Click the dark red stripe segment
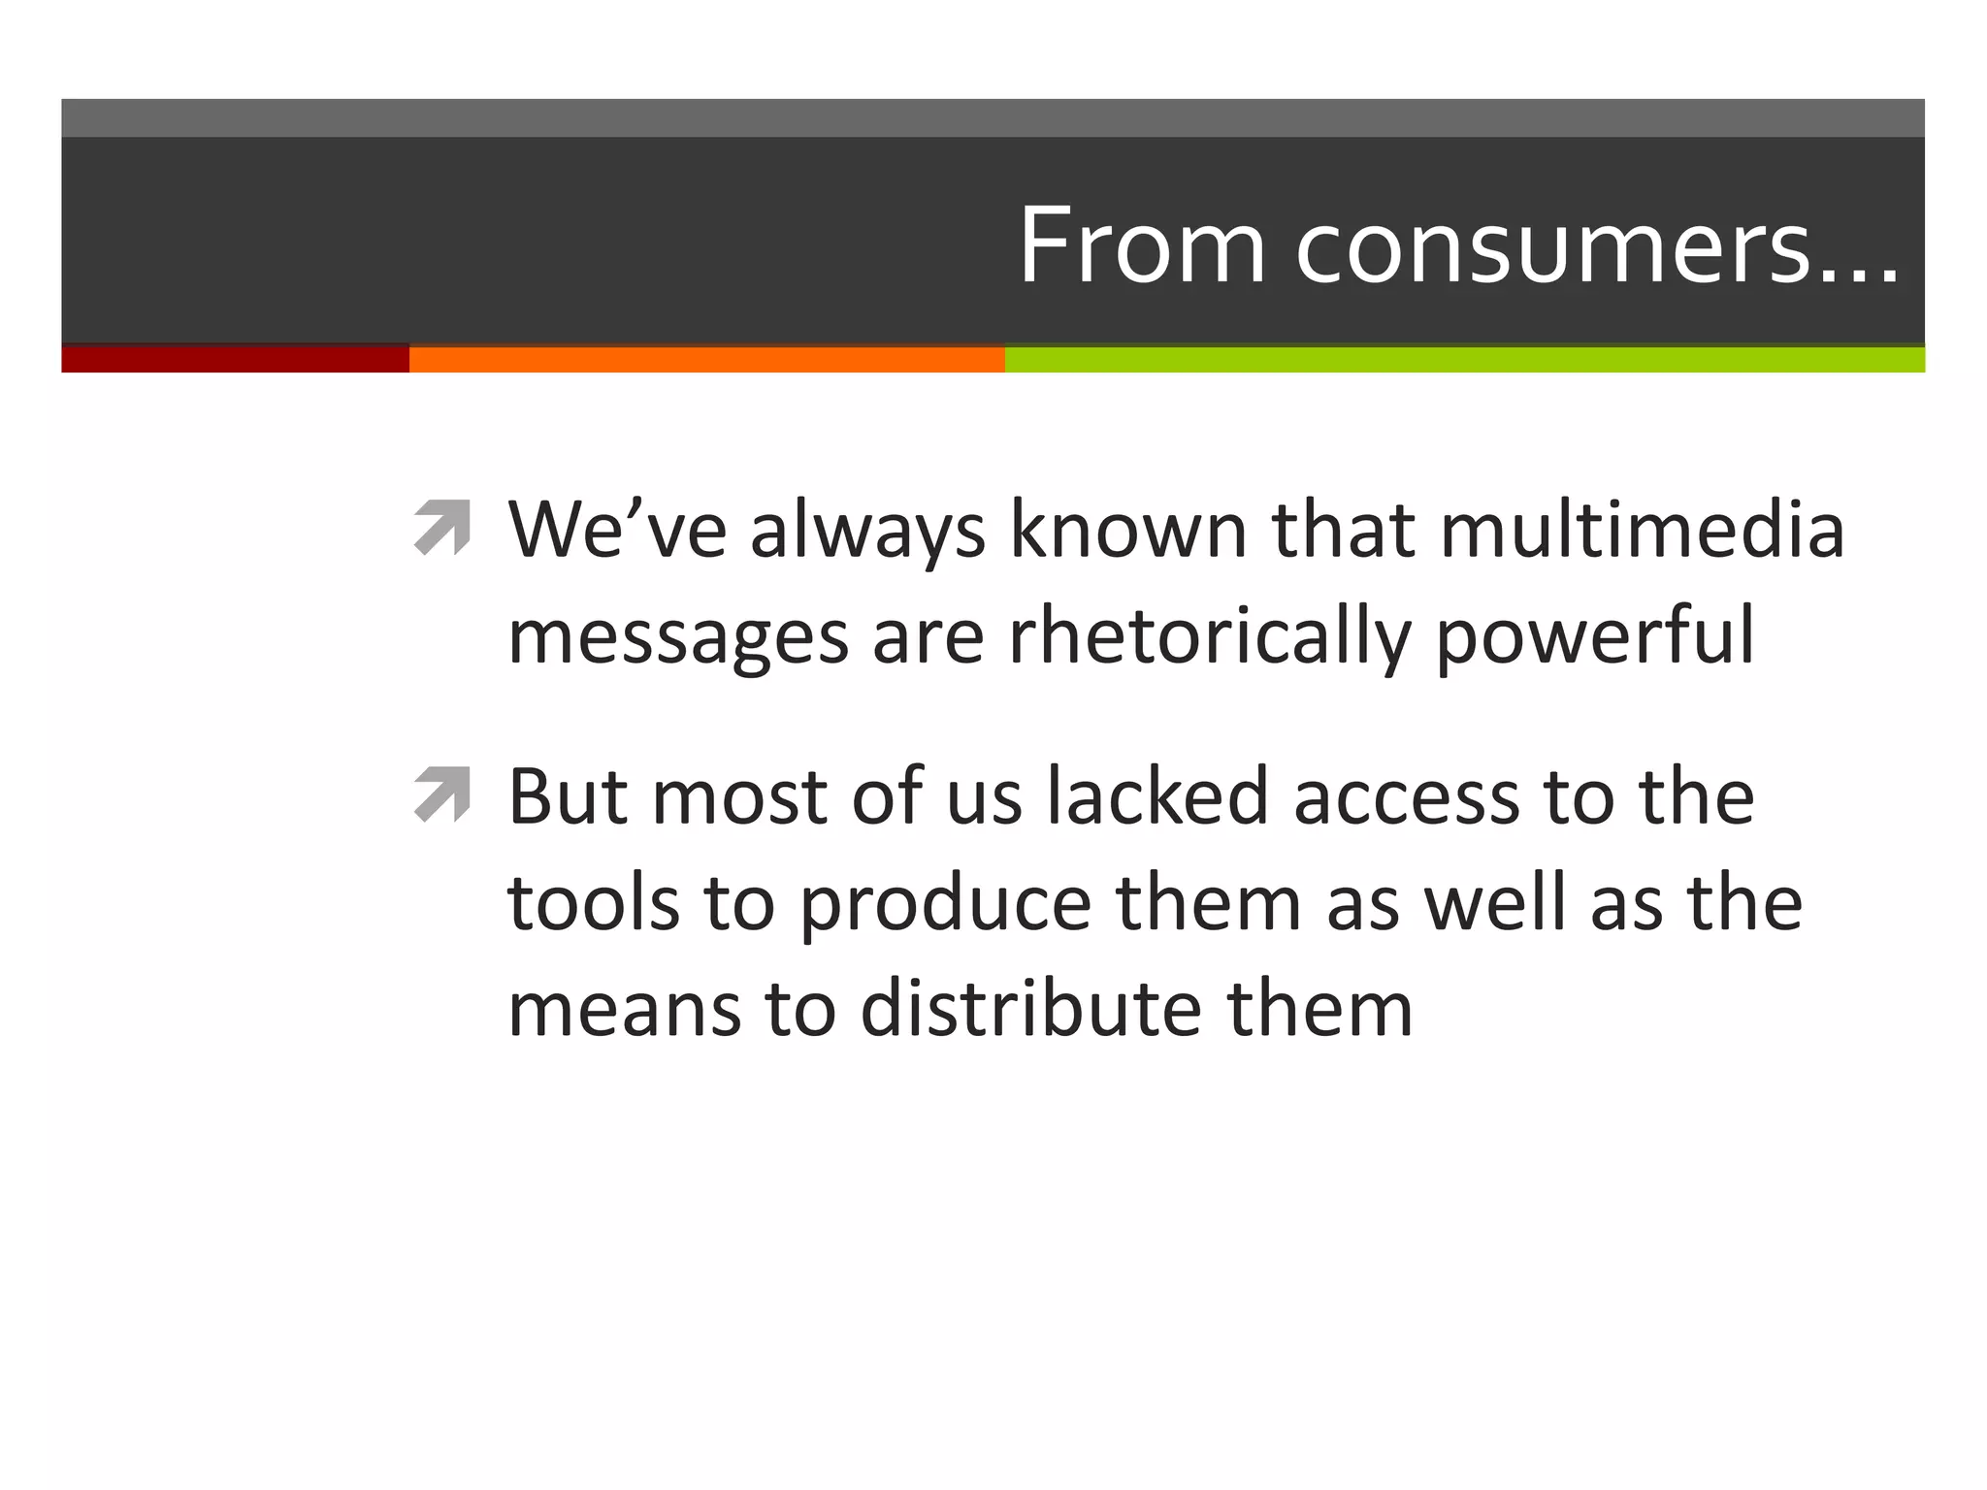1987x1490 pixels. pyautogui.click(x=235, y=359)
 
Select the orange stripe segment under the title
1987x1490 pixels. pyautogui.click(x=706, y=359)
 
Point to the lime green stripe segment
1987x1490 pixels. pyautogui.click(x=1464, y=359)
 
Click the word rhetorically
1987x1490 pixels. pyautogui.click(x=1209, y=636)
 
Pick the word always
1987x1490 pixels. pyautogui.click(x=867, y=532)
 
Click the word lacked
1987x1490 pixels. pyautogui.click(x=1157, y=796)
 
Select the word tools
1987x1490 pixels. pyautogui.click(x=593, y=903)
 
